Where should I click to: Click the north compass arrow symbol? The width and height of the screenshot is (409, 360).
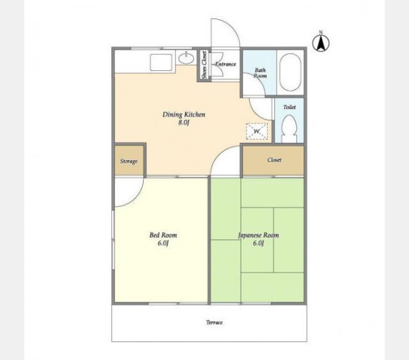point(321,43)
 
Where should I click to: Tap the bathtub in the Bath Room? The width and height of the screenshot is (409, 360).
point(290,72)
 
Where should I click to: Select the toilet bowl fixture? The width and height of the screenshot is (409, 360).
point(289,128)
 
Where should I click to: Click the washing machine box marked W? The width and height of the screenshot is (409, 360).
point(257,131)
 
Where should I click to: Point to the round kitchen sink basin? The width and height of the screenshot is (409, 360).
point(186,58)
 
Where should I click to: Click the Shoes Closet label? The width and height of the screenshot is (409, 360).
point(204,65)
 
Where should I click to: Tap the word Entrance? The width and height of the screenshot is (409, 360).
point(226,64)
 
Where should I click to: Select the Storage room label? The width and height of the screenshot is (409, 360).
point(128,161)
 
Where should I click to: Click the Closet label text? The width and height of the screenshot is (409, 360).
point(274,160)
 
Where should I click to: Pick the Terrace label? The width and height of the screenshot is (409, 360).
point(215,322)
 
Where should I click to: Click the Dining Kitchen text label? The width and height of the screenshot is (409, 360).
point(184,114)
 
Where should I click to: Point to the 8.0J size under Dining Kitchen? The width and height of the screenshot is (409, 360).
point(183,123)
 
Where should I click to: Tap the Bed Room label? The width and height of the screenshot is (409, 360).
point(164,235)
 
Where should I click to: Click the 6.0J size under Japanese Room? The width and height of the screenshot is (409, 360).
point(258,243)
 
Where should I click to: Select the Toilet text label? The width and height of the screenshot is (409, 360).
point(289,107)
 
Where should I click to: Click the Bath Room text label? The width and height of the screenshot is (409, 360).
point(260,73)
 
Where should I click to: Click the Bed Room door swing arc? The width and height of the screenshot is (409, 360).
point(135,199)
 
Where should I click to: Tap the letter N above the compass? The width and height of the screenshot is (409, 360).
point(321,33)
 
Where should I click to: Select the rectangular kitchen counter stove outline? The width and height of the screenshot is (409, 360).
point(161,63)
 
